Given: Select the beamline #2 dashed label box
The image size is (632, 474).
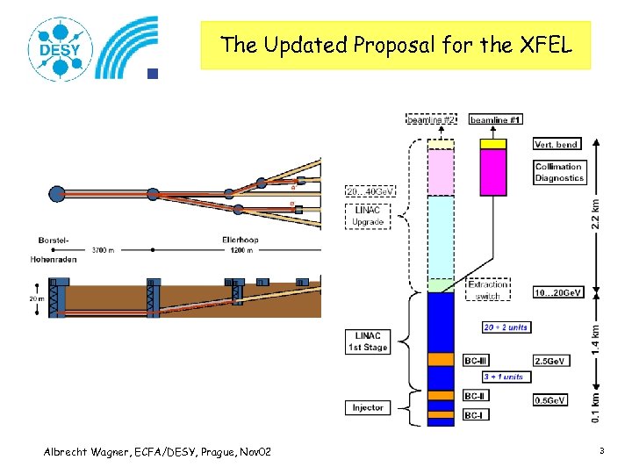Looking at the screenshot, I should pos(432,118).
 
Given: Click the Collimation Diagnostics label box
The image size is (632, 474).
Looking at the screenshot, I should pos(559,172).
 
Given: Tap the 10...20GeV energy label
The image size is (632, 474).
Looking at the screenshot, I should pos(558,291).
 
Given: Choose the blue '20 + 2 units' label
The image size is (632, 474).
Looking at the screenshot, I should pos(506,327).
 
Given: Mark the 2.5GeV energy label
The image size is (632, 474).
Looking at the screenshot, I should pos(551,360).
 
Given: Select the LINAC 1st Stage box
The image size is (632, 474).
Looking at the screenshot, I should pos(368,342).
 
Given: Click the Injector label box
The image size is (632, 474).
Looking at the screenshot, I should pos(367,407).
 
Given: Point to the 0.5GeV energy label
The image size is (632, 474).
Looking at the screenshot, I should pos(551,400).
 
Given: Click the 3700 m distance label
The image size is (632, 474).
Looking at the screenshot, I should pos(103,250).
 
